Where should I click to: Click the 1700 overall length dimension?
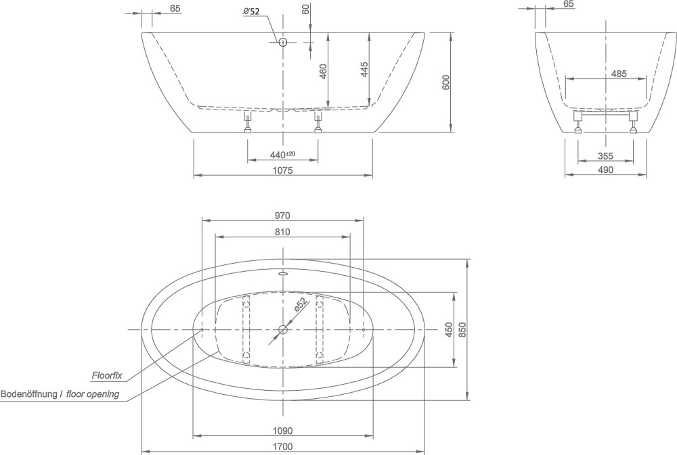283,446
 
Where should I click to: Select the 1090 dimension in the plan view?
283,431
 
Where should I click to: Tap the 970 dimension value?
282,216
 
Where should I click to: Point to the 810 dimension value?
282,232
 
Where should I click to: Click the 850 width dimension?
462,330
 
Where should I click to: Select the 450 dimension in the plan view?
449,330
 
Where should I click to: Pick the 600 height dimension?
446,82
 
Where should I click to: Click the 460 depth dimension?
323,71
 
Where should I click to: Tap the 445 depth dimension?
364,70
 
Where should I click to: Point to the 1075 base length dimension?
283,170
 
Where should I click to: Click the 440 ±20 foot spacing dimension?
282,154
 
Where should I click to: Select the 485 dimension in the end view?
619,74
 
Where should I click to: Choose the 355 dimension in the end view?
605,156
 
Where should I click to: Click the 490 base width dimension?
605,170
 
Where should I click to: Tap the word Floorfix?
107,376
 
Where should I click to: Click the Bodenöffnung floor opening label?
60,394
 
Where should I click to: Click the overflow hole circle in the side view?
283,43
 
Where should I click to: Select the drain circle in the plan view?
283,330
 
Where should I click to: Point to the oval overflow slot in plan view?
283,272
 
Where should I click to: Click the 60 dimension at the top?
306,9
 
